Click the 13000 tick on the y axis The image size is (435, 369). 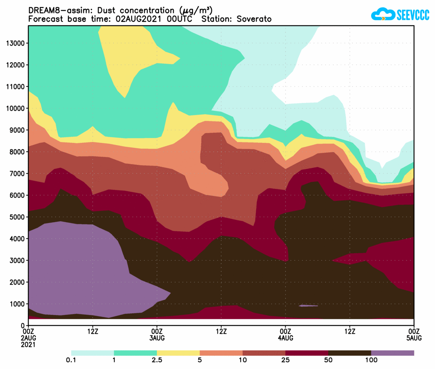[x=16, y=43]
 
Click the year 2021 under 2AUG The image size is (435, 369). [x=29, y=345]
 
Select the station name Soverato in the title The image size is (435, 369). [x=254, y=19]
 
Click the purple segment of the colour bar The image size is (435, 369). [x=392, y=353]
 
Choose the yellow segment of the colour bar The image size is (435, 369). [x=178, y=353]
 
